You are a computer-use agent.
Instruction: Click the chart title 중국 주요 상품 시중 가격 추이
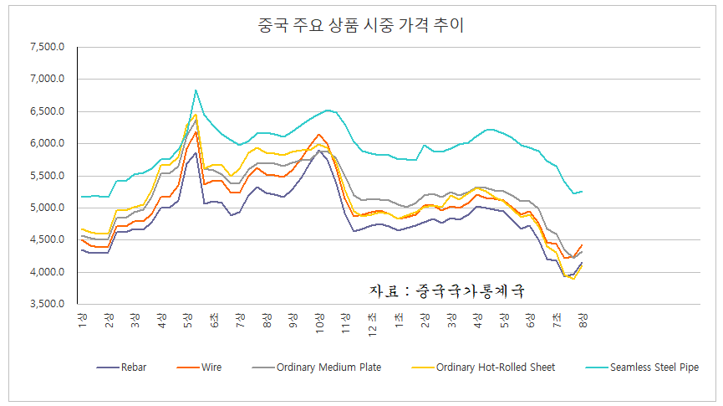pos(362,26)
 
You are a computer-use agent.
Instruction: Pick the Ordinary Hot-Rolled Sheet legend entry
pos(495,367)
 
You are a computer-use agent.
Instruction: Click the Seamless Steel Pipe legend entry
pos(654,367)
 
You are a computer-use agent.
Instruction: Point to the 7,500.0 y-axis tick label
pos(47,47)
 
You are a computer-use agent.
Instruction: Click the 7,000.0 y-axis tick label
pos(47,80)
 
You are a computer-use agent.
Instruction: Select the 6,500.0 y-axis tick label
pos(47,111)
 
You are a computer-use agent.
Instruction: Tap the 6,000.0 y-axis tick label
pos(47,144)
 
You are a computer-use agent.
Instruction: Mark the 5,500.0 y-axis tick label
pos(47,176)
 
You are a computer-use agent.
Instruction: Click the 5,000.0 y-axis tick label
pos(47,208)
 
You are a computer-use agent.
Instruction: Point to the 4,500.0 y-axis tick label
pos(47,240)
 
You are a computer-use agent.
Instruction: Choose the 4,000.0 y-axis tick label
pos(47,273)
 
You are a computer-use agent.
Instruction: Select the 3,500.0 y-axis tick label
pos(47,305)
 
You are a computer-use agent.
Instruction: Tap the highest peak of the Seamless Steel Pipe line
pos(196,90)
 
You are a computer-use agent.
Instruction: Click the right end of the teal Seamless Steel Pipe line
pos(583,192)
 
